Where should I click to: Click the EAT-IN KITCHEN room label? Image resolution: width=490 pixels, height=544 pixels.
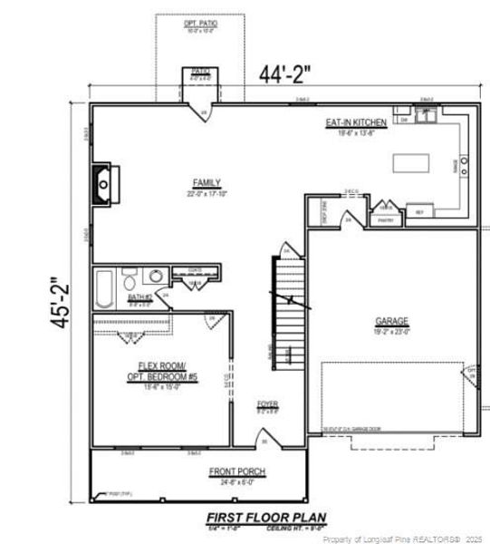356,122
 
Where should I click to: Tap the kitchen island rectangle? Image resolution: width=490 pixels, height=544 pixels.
410,162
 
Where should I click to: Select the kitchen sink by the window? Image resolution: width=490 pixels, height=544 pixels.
427,115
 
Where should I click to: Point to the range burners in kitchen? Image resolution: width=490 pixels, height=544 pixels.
464,165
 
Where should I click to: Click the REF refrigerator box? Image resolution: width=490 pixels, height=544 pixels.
419,213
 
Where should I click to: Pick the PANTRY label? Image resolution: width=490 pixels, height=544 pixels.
385,219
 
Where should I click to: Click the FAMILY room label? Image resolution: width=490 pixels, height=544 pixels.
207,183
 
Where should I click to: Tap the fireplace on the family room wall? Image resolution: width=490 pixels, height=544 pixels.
103,184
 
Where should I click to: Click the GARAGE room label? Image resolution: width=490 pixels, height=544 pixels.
392,321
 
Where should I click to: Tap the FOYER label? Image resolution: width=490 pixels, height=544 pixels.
267,404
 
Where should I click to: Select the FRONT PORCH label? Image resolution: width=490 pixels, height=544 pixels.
237,471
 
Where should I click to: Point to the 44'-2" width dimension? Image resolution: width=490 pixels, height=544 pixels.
284,74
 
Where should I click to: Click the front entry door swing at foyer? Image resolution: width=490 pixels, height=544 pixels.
264,442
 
